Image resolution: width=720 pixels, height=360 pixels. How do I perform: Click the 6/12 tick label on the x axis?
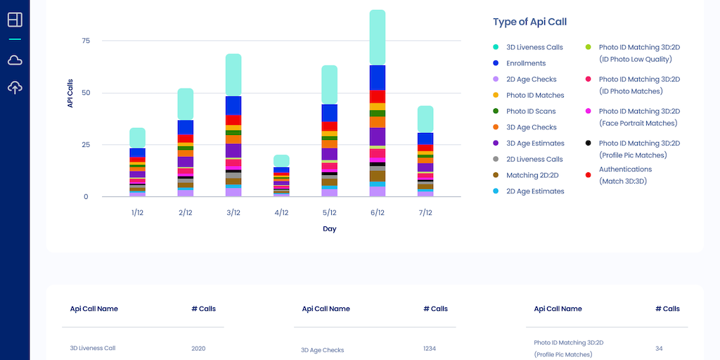(377, 212)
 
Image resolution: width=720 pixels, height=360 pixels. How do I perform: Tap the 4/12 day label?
(281, 212)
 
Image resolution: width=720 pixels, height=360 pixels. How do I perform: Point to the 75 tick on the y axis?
(86, 41)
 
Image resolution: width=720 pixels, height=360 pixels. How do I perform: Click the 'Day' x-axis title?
(329, 229)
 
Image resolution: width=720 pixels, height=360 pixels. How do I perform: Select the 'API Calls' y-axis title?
(70, 93)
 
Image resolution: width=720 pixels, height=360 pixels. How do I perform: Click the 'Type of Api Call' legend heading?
(529, 22)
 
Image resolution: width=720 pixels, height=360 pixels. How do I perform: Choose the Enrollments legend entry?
(525, 63)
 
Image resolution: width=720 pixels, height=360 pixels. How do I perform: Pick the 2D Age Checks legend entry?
(531, 79)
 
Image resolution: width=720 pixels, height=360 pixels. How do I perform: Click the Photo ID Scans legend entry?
(530, 111)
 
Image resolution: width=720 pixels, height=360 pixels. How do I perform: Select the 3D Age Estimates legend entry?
(534, 143)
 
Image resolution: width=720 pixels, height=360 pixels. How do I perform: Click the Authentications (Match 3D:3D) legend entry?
(624, 175)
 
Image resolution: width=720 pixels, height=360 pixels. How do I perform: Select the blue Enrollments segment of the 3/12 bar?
(233, 105)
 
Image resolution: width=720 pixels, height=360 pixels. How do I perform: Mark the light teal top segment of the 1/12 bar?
(138, 138)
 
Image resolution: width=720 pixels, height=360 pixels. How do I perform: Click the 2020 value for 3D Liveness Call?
(198, 348)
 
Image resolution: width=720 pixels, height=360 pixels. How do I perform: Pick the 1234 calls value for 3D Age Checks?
(430, 348)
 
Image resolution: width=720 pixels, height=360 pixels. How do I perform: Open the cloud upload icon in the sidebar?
(15, 88)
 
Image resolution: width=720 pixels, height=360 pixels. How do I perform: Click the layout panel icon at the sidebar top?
(15, 20)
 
